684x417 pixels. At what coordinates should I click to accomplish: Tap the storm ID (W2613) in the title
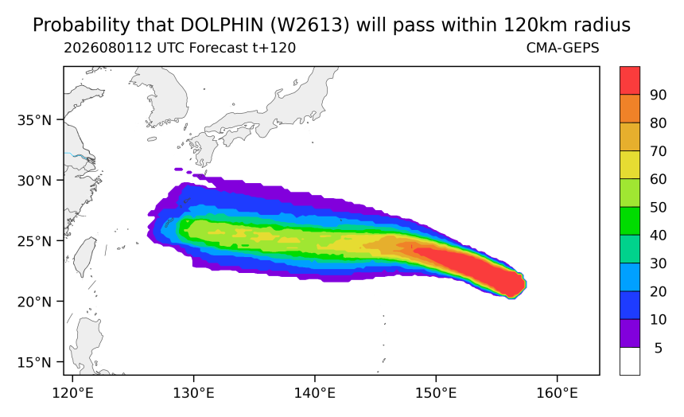[x=310, y=25]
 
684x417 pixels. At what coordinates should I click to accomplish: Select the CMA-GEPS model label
[x=563, y=48]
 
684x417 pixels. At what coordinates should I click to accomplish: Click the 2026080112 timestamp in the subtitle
[x=108, y=48]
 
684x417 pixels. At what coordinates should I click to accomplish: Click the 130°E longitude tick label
[x=193, y=393]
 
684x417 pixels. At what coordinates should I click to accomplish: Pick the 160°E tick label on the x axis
[x=557, y=393]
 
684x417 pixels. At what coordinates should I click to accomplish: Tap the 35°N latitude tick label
[x=34, y=120]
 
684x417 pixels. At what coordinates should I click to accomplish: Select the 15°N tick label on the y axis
[x=34, y=362]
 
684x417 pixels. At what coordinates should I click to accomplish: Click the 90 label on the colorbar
[x=658, y=95]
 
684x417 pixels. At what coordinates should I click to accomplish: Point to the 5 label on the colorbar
[x=659, y=348]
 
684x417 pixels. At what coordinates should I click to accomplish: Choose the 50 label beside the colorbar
[x=658, y=208]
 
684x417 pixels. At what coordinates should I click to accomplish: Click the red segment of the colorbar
[x=630, y=80]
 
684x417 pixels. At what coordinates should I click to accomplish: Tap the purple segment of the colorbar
[x=630, y=333]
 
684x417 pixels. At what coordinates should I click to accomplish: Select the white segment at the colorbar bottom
[x=630, y=361]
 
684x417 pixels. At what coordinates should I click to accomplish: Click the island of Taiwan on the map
[x=84, y=257]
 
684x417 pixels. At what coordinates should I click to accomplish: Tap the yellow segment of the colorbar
[x=630, y=165]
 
